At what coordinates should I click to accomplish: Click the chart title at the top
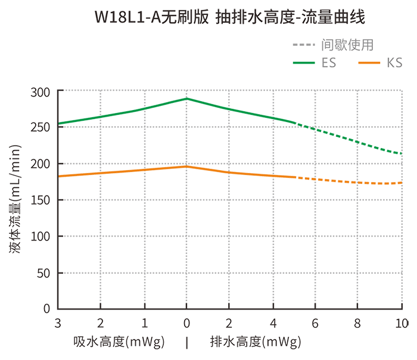pos(229,18)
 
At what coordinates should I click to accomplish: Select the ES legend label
pos(328,62)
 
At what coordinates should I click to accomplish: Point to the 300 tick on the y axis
pos(41,92)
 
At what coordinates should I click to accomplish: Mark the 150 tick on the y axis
pos(41,200)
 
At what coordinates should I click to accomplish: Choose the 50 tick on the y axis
pos(45,273)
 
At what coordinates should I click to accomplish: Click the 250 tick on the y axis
pos(41,127)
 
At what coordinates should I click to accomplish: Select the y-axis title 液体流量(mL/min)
pos(16,199)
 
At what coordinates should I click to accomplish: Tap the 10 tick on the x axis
pos(401,323)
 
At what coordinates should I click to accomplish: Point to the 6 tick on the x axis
pos(315,323)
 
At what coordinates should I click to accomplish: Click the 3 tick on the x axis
pos(58,323)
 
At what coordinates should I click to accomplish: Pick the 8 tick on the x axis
pos(357,323)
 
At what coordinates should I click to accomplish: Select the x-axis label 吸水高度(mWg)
pos(119,342)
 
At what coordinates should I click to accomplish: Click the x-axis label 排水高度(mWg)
pos(255,342)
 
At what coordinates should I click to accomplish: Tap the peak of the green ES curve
pos(186,99)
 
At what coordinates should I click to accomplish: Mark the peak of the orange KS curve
pos(186,167)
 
